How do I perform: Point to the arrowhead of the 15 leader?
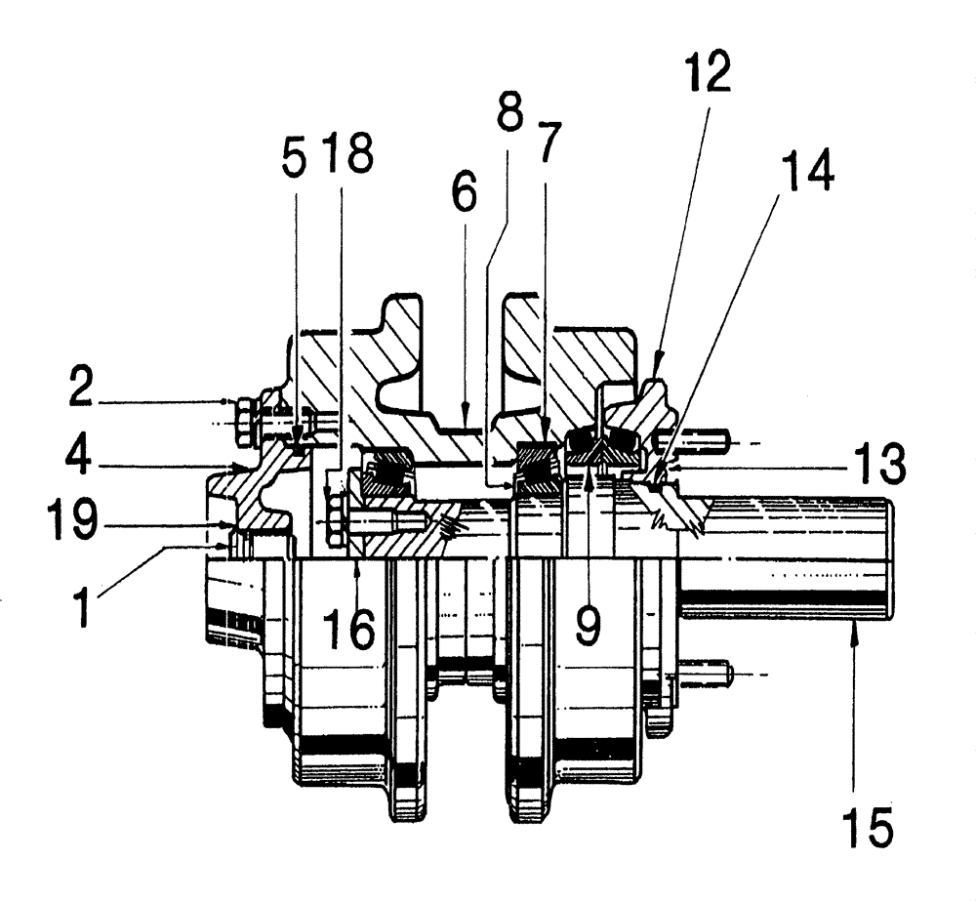pos(855,622)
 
